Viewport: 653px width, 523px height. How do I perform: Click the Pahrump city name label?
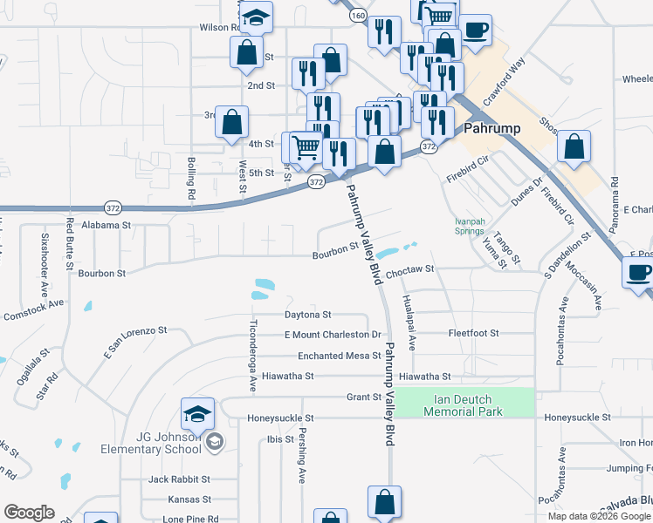click(x=492, y=128)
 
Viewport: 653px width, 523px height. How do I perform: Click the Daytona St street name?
click(x=308, y=314)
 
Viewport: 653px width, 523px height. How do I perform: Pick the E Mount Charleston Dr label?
click(x=333, y=335)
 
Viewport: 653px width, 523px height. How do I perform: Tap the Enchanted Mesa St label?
click(x=339, y=356)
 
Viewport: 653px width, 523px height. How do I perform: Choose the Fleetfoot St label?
click(x=472, y=333)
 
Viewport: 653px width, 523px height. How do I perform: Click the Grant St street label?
click(x=364, y=397)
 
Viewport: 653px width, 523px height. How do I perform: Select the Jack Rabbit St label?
click(x=179, y=479)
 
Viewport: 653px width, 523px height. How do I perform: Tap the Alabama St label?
click(x=106, y=224)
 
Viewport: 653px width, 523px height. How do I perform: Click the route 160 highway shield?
click(x=357, y=15)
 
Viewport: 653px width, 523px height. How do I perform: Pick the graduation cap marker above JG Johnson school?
click(x=198, y=412)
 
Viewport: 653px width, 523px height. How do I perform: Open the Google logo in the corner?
click(x=30, y=513)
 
